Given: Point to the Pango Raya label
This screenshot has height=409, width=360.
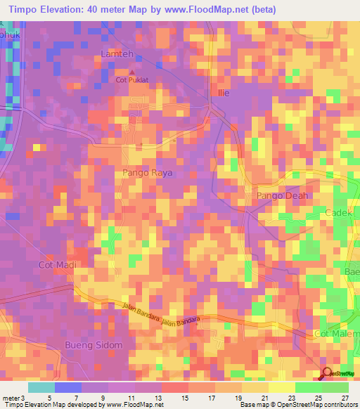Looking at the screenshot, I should (147, 172).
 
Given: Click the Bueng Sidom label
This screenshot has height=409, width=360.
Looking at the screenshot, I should (94, 345).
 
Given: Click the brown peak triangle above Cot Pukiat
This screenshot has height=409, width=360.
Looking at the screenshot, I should (131, 72).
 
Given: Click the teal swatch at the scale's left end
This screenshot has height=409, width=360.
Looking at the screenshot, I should (41, 387).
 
